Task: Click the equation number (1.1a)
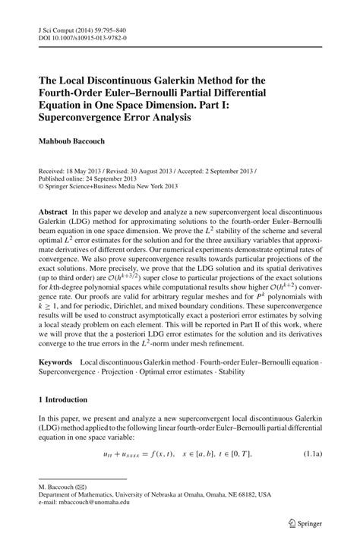tap(311, 453)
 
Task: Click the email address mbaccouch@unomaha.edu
tap(96, 503)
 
